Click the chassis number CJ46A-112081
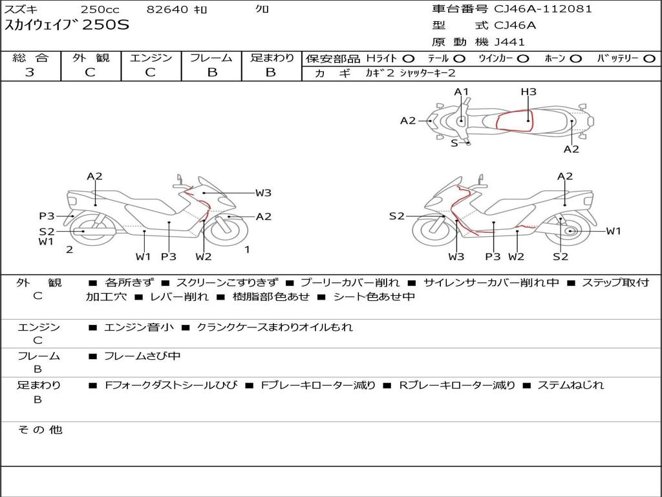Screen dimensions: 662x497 543,9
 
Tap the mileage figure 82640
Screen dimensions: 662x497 167,9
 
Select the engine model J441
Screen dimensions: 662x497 509,42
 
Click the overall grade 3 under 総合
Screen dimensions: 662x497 30,72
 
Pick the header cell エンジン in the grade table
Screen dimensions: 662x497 151,58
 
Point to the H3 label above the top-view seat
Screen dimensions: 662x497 528,92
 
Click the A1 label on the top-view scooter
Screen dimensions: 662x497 462,92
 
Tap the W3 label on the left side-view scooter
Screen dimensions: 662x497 263,193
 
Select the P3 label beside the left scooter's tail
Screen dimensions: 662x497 47,216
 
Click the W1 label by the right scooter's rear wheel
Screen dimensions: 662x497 614,231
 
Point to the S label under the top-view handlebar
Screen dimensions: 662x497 454,143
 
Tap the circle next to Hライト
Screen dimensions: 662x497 409,59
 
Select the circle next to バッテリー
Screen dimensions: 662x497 649,59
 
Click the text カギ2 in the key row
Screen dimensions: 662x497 379,73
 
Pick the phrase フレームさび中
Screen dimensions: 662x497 142,357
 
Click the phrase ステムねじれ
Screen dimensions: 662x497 570,385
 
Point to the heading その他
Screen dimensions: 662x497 39,430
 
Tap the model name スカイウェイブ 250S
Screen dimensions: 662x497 67,25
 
